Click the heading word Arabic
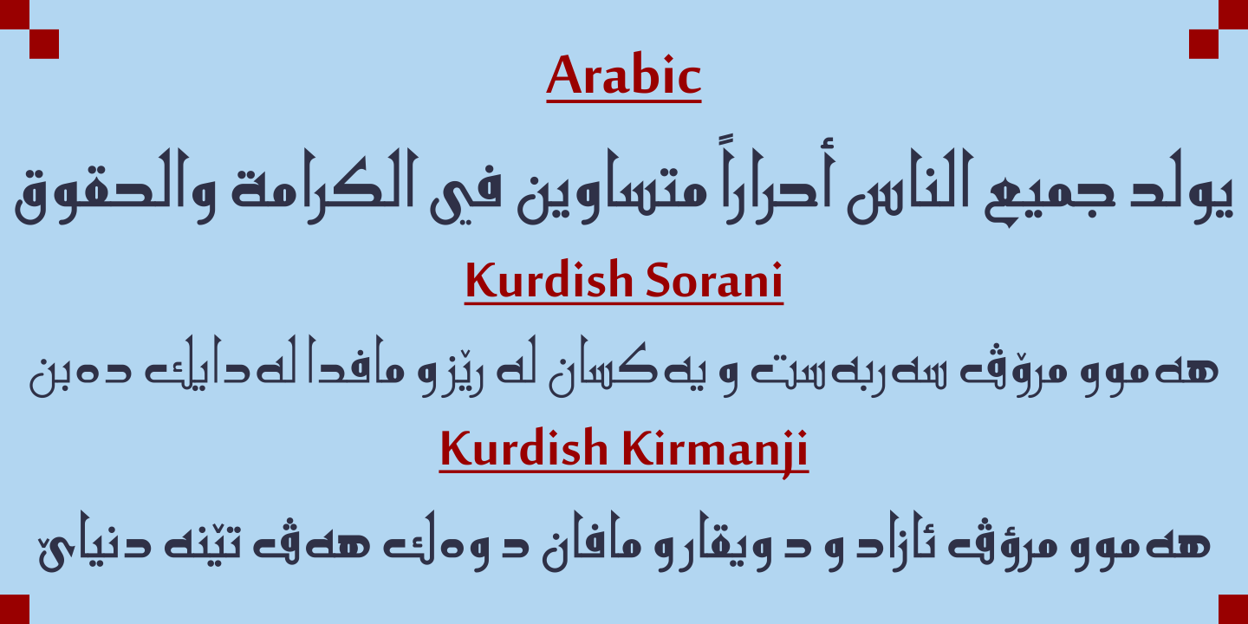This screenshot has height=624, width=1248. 623,76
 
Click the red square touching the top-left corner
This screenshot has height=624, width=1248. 15,15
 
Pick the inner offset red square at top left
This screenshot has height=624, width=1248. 44,44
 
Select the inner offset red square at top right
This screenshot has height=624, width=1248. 1204,44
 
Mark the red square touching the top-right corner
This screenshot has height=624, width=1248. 1233,15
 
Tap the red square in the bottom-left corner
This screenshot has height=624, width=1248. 15,609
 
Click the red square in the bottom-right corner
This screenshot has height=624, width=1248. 1233,609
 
